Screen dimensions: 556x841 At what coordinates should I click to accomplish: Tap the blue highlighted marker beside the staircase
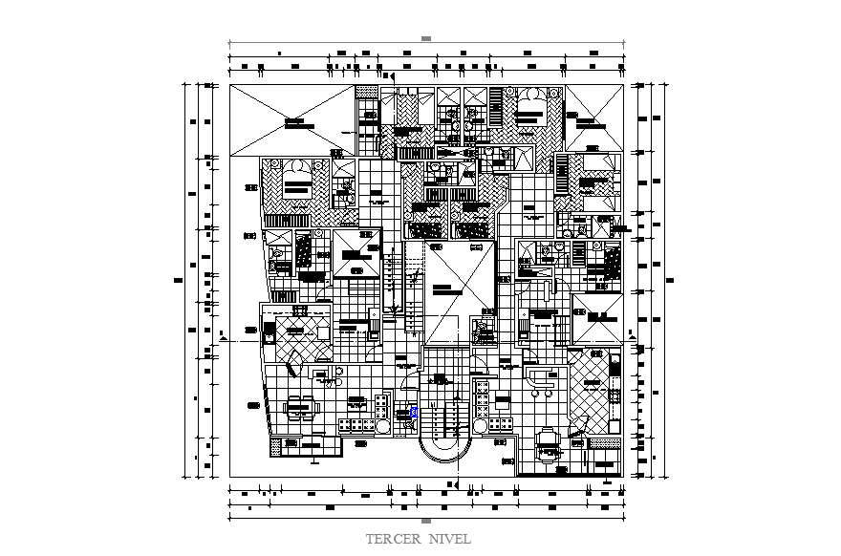coord(414,412)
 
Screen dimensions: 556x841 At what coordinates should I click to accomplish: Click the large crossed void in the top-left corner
coord(291,119)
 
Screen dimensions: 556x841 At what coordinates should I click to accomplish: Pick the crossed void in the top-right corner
coord(593,118)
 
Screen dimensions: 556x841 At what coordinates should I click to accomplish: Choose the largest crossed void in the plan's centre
coord(461,291)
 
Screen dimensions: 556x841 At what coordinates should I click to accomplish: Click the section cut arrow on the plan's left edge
coord(224,337)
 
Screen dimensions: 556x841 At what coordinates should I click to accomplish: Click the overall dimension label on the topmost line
coord(426,39)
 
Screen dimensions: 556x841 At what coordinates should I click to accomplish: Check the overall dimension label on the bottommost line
coord(426,522)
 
